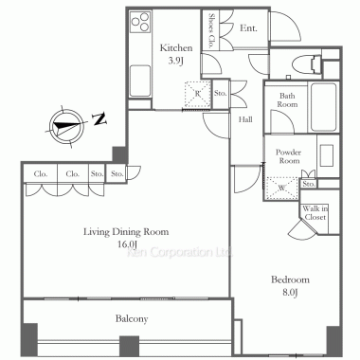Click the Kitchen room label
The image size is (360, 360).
[176, 48]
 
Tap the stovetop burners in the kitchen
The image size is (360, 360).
[140, 21]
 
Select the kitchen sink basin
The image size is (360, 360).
[140, 81]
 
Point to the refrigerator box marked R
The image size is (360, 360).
[198, 94]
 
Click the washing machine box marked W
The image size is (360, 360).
[282, 188]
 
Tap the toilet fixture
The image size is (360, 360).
[307, 65]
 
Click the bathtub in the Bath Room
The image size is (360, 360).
[323, 107]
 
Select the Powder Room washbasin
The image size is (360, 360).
[327, 155]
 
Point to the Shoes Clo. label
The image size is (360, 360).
[211, 30]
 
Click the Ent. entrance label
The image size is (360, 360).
[248, 28]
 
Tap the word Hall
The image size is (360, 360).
[245, 119]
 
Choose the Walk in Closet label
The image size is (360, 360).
[315, 213]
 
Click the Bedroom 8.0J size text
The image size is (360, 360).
[290, 292]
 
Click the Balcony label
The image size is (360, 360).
[132, 319]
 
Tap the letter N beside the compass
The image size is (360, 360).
[100, 118]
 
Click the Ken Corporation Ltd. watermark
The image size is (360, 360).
[179, 252]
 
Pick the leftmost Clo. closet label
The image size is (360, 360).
[41, 174]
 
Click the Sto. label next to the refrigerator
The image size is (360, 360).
[220, 93]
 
